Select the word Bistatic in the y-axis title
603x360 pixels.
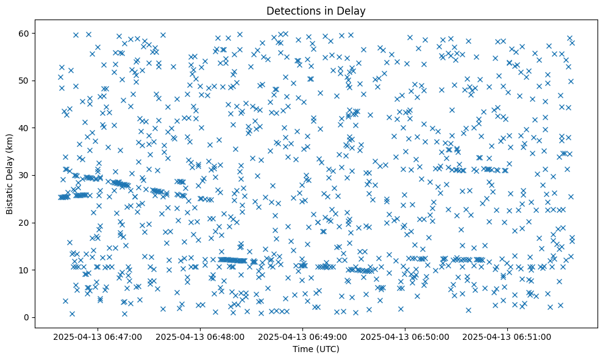[x=10, y=198]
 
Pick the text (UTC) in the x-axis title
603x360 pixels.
[x=327, y=350]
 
